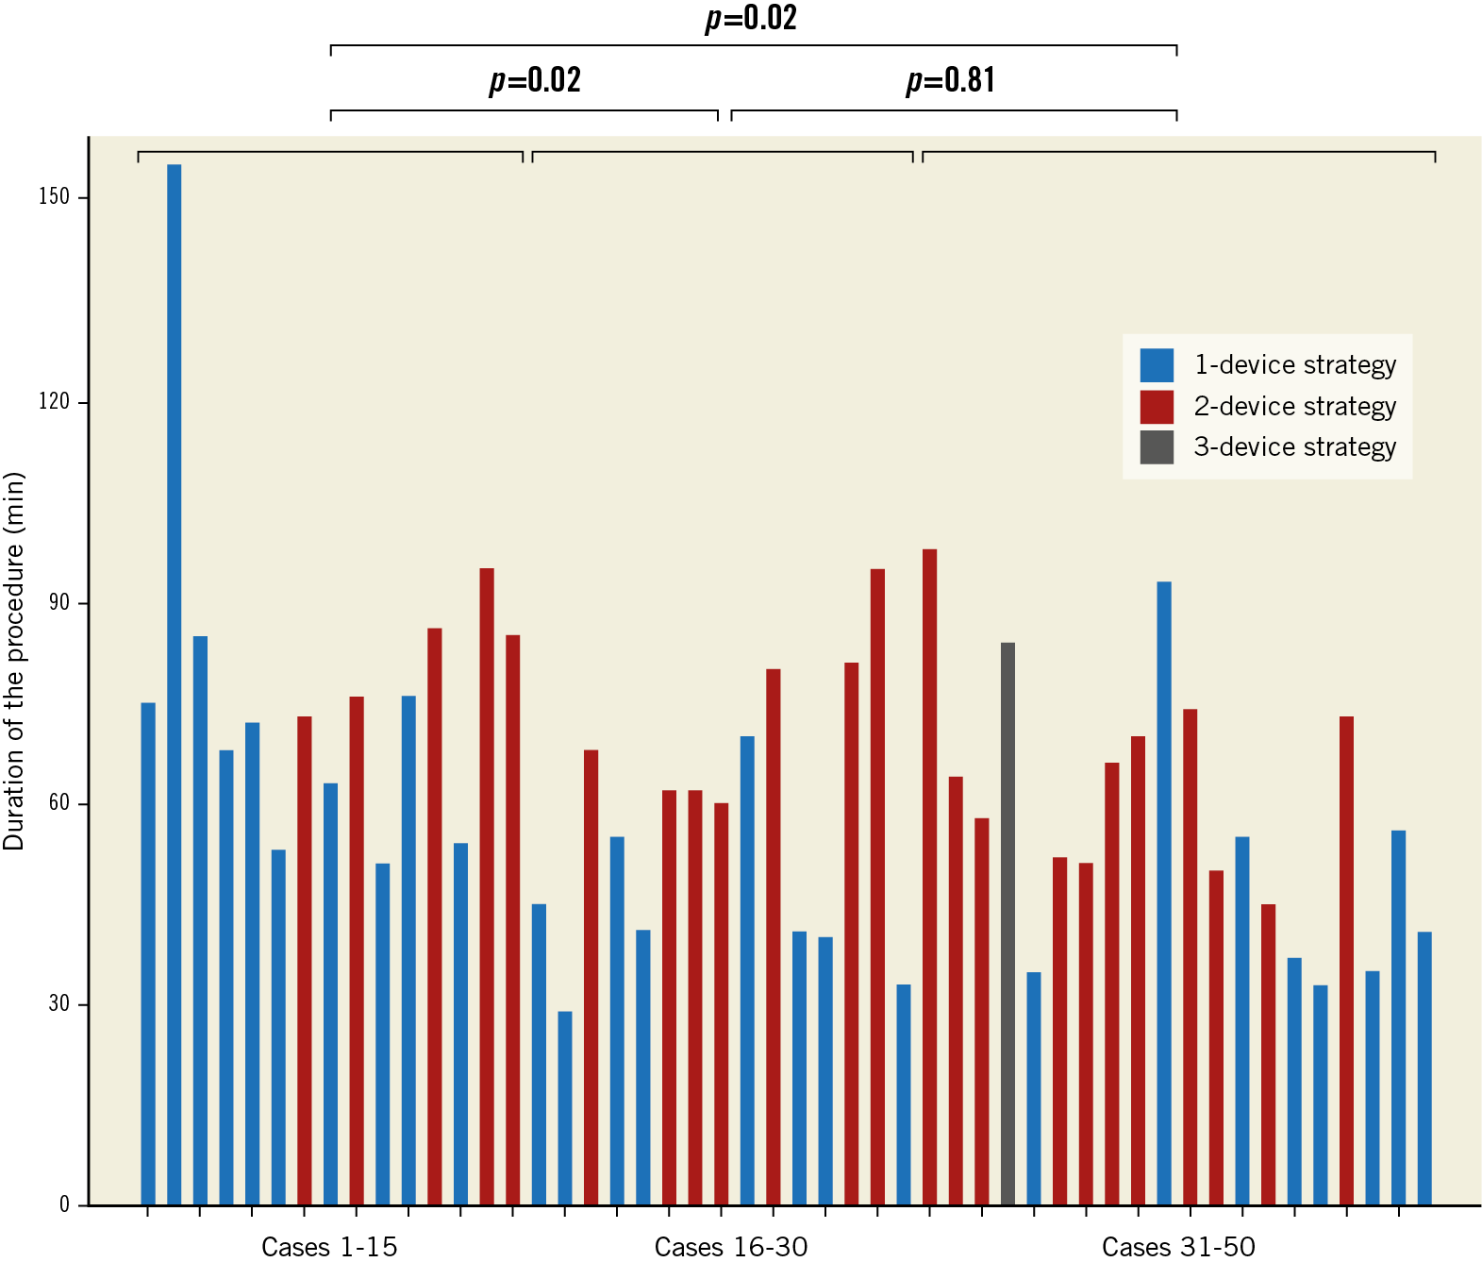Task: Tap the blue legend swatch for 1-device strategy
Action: [x=1157, y=365]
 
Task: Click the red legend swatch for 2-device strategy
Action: [x=1157, y=407]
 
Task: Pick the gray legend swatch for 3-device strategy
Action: [x=1157, y=447]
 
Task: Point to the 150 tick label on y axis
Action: [x=54, y=196]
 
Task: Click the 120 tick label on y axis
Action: [x=54, y=401]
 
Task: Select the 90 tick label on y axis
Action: [x=58, y=602]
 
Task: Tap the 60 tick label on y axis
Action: [x=58, y=802]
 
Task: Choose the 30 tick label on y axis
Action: [x=58, y=1003]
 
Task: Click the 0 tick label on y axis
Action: [x=64, y=1204]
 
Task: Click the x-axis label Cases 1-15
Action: [x=329, y=1247]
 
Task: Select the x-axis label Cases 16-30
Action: [x=731, y=1247]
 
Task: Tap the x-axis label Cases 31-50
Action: [x=1178, y=1247]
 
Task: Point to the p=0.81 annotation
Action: [x=950, y=80]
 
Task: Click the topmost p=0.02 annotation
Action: [x=751, y=18]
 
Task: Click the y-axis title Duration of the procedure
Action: [x=14, y=661]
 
